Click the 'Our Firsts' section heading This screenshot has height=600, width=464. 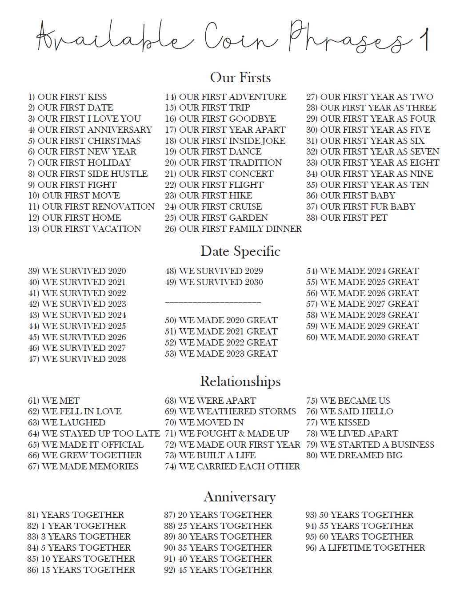pos(240,78)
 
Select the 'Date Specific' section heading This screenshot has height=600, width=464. pos(240,251)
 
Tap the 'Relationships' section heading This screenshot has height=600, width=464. pos(240,381)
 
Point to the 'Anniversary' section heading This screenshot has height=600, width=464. pos(240,497)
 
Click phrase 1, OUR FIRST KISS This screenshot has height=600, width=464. pos(68,97)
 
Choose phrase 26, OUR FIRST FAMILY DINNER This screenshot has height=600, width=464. pos(233,229)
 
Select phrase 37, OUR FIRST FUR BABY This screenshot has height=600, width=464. pos(360,207)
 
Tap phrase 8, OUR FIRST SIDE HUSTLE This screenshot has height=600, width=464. pos(88,174)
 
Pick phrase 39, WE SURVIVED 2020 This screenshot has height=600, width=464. pos(77,271)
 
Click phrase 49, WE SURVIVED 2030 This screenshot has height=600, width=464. pos(214,282)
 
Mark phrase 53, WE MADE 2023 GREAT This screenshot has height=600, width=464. pos(221,354)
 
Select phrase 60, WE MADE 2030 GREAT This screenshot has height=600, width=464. pos(362,337)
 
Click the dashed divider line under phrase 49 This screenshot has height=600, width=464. pos(213,302)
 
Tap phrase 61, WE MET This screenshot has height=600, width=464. pos(54,401)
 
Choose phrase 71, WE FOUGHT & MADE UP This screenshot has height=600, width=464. pos(227,433)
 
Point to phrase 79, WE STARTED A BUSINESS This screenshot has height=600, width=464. pos(370,445)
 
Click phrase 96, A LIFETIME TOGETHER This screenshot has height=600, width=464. pos(365,548)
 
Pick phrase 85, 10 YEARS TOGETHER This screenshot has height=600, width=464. pos(81,559)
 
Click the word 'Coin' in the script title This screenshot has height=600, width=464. pos(240,38)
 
